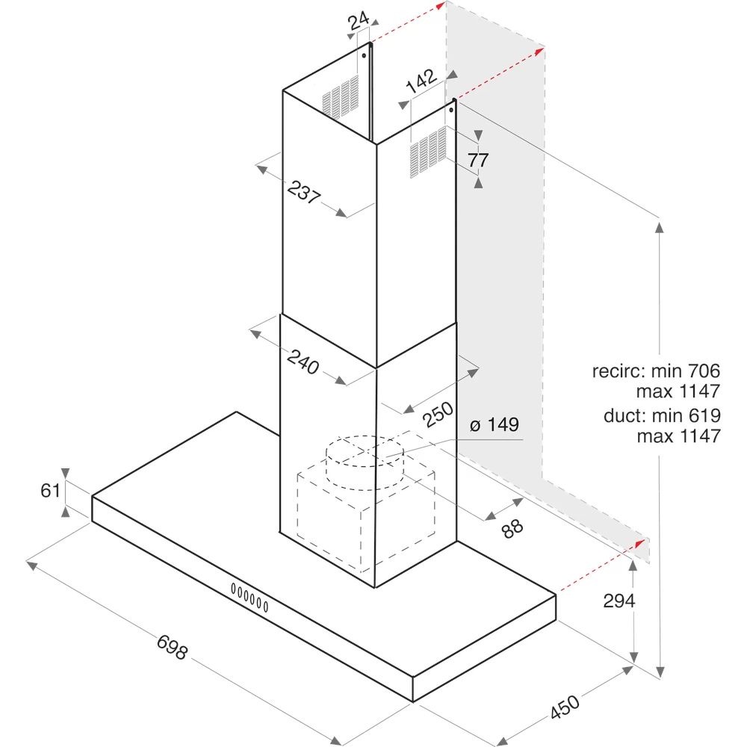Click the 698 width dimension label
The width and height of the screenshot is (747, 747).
172,647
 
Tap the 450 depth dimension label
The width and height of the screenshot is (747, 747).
565,707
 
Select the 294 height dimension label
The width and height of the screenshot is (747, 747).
619,601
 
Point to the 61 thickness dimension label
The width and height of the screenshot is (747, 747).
50,491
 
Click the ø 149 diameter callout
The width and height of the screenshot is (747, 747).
494,426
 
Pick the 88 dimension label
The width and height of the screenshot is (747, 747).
512,529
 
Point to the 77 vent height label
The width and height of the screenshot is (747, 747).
479,159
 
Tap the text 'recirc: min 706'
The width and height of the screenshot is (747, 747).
656,371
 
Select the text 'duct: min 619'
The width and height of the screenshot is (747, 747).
662,417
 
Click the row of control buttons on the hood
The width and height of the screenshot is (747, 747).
249,597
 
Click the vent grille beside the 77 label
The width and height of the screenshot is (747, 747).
428,152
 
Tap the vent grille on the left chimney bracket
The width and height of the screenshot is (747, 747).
341,96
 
